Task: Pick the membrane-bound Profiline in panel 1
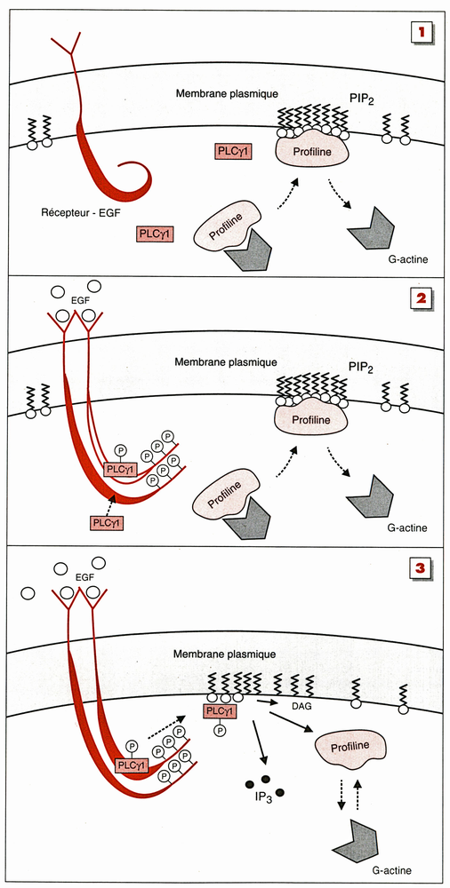(x=311, y=152)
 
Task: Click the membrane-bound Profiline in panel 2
(x=311, y=420)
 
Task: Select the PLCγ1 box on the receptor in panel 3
(x=133, y=766)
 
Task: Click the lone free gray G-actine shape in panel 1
(x=371, y=226)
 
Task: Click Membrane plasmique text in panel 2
(x=225, y=361)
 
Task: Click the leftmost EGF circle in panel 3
(x=28, y=593)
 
